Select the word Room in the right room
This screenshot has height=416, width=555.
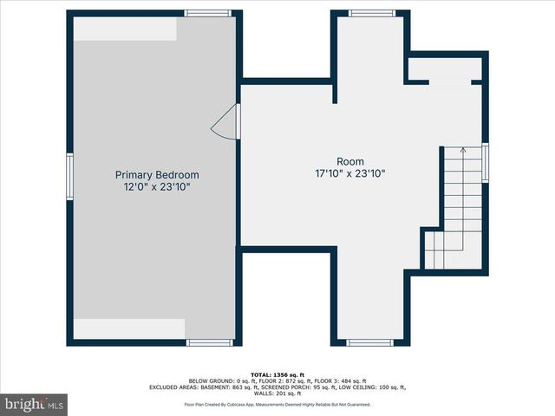click(x=350, y=161)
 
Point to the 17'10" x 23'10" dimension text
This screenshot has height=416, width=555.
click(x=350, y=173)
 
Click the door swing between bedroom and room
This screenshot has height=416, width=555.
click(x=225, y=124)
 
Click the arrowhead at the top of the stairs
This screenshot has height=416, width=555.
click(x=463, y=150)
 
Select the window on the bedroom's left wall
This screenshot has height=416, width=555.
click(x=70, y=177)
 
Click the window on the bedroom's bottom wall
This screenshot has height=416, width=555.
click(x=210, y=342)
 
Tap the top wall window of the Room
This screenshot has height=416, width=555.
click(x=372, y=13)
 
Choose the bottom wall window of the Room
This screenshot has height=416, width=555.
click(x=370, y=342)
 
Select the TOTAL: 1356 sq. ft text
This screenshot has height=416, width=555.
click(x=277, y=374)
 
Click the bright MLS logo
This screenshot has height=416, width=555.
click(x=35, y=404)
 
